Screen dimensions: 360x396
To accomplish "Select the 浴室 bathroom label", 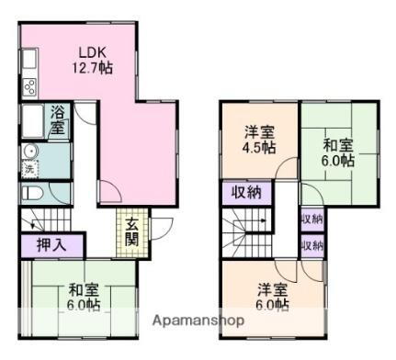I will (x=58, y=120).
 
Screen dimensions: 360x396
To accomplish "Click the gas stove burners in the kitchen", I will (x=28, y=87).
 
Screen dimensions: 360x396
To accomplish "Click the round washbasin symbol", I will (x=29, y=152).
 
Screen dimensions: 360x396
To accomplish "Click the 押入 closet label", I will (x=51, y=245).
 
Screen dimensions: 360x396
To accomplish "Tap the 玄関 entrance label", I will (x=132, y=233).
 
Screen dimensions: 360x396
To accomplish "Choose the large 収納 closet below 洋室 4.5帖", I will (x=245, y=192).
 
